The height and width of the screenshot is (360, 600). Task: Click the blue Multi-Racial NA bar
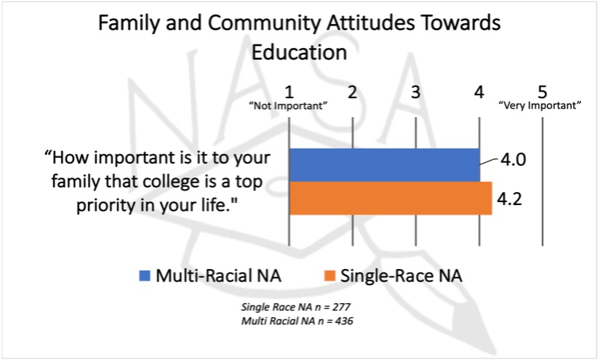[x=384, y=164]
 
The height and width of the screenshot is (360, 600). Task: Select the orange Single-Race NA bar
[x=391, y=198]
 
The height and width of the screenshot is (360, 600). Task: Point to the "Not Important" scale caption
[x=289, y=106]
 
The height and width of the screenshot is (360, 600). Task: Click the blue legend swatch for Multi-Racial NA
[x=145, y=276]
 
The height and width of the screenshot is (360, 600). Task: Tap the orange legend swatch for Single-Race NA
[x=329, y=276]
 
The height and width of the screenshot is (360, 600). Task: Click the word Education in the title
[x=299, y=52]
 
